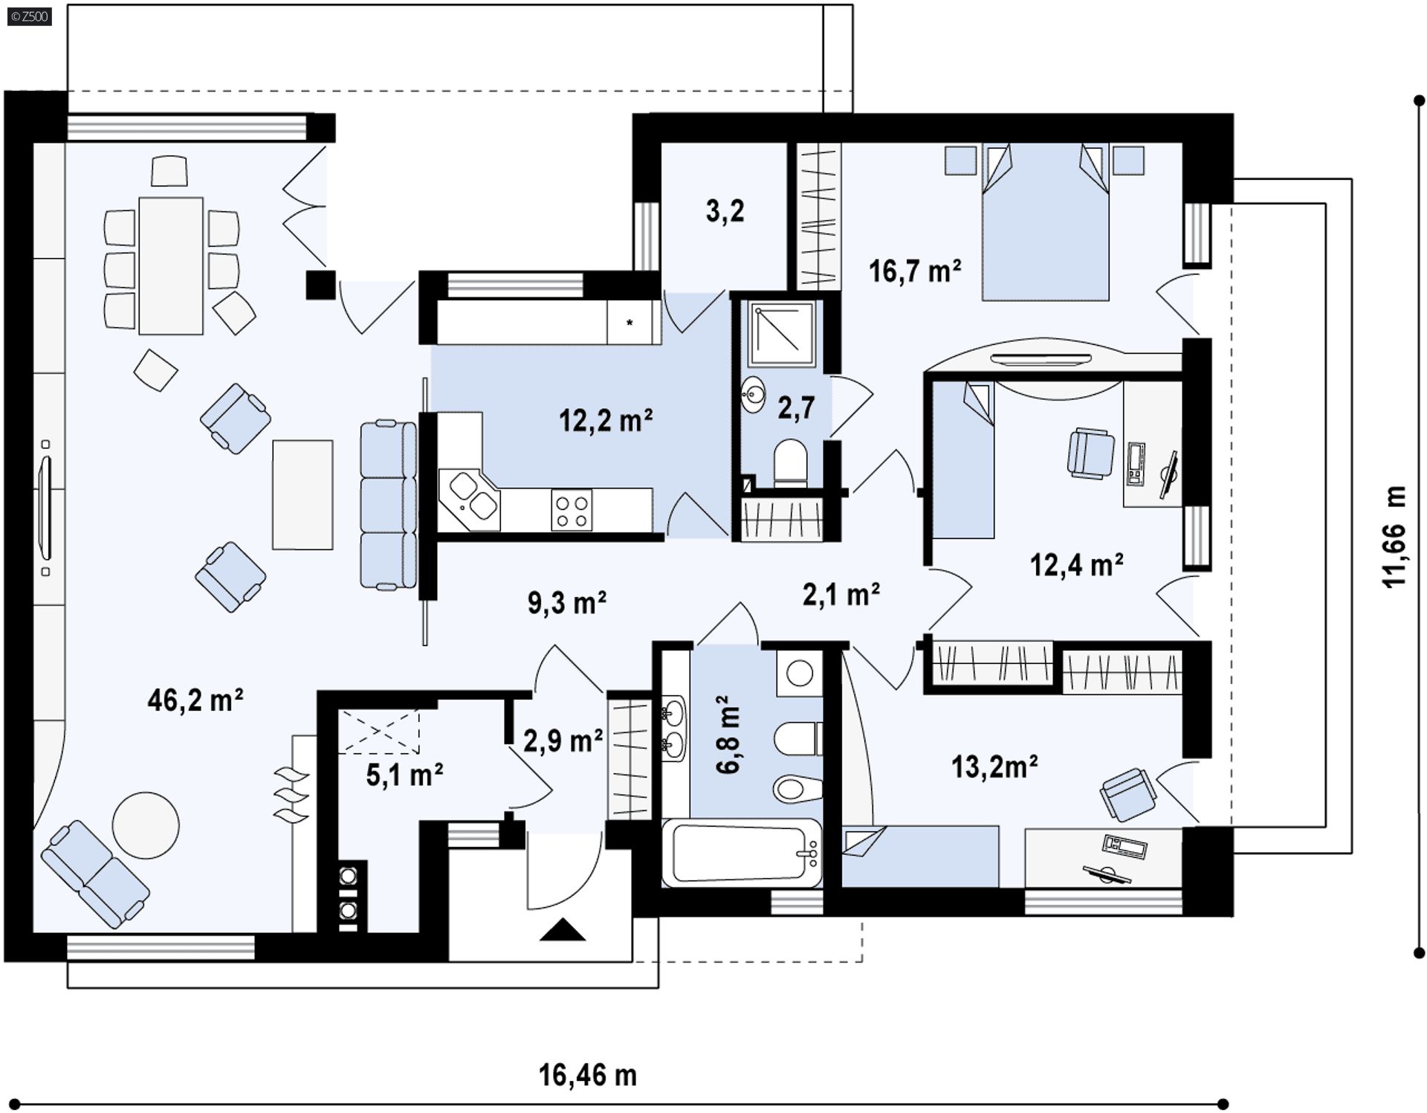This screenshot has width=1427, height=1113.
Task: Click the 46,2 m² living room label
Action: pyautogui.click(x=195, y=700)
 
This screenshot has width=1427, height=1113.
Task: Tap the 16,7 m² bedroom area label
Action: pyautogui.click(x=914, y=271)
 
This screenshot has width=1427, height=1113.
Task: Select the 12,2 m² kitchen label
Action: pyautogui.click(x=606, y=421)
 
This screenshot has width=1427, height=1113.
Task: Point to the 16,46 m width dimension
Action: pyautogui.click(x=587, y=1075)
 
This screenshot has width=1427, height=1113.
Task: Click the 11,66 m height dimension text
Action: pyautogui.click(x=1394, y=537)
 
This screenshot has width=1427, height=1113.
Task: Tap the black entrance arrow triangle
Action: pyautogui.click(x=563, y=930)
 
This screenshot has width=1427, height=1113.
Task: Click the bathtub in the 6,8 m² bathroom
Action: pyautogui.click(x=741, y=853)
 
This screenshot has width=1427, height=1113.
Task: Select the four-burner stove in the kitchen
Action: pyautogui.click(x=572, y=510)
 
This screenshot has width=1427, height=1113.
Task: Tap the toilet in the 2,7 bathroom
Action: pyautogui.click(x=790, y=462)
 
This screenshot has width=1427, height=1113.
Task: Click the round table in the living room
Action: pyautogui.click(x=146, y=825)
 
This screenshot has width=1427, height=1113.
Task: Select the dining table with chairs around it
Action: pyautogui.click(x=171, y=265)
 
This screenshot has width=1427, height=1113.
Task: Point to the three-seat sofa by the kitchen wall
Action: pyautogui.click(x=388, y=506)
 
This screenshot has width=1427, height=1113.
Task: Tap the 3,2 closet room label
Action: pyautogui.click(x=725, y=211)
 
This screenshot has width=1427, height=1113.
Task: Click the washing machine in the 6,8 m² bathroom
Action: pyautogui.click(x=800, y=674)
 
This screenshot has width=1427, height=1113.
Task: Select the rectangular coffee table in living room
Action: pyautogui.click(x=302, y=494)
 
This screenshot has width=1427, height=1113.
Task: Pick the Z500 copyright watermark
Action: pyautogui.click(x=29, y=16)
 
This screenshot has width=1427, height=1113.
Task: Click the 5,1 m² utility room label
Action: pyautogui.click(x=404, y=775)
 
